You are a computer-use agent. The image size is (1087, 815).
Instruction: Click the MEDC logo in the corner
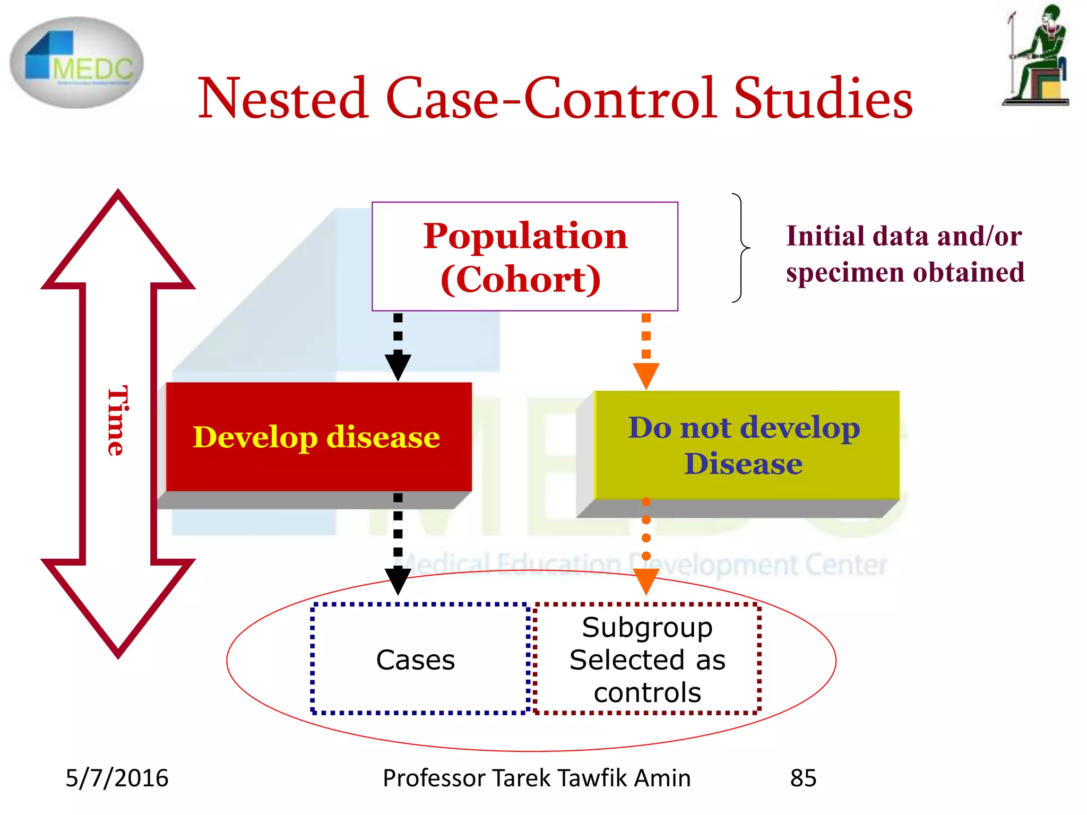[x=76, y=63]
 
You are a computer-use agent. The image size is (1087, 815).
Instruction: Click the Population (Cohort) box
[x=524, y=256]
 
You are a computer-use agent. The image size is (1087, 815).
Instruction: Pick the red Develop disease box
[x=318, y=437]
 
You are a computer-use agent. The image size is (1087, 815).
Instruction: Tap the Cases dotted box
[x=416, y=660]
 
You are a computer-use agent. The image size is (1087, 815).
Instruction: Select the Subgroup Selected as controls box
[x=648, y=660]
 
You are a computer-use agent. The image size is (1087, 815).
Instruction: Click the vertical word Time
[x=117, y=420]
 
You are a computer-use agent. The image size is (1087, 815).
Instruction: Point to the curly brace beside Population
[x=741, y=248]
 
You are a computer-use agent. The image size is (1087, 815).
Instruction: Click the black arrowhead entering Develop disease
[x=398, y=367]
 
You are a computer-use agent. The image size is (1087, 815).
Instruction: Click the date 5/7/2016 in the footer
[x=117, y=778]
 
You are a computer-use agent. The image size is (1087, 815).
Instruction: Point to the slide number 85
[x=803, y=778]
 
